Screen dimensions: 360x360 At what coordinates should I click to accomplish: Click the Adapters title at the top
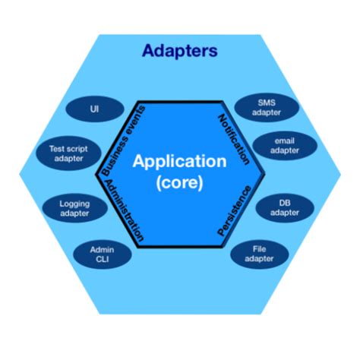pyautogui.click(x=179, y=52)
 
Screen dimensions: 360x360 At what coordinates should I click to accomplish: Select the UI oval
pyautogui.click(x=94, y=109)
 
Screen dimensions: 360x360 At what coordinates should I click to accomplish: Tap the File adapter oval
pyautogui.click(x=263, y=254)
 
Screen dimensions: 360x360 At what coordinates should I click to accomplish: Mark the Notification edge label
pyautogui.click(x=235, y=139)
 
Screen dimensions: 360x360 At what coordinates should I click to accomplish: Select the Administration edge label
pyautogui.click(x=123, y=211)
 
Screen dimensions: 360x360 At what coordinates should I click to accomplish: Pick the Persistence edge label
pyautogui.click(x=235, y=212)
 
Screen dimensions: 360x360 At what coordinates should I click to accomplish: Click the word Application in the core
pyautogui.click(x=179, y=162)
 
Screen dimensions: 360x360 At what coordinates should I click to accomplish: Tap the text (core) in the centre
pyautogui.click(x=179, y=182)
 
